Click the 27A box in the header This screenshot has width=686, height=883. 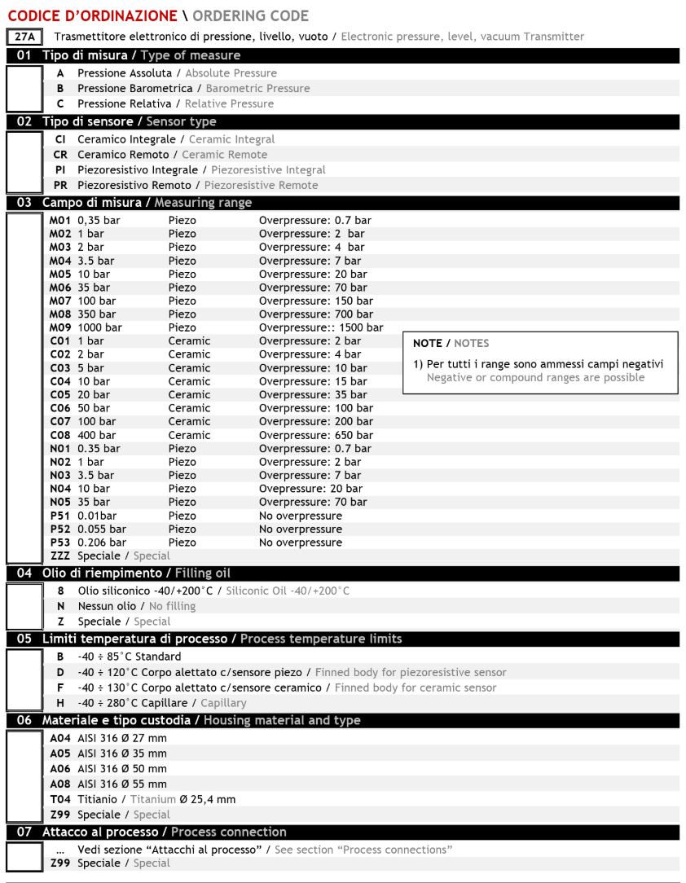pyautogui.click(x=24, y=37)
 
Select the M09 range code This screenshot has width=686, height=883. pyautogui.click(x=61, y=327)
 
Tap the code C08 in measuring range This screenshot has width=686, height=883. pyautogui.click(x=61, y=435)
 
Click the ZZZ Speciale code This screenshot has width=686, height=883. pyautogui.click(x=60, y=556)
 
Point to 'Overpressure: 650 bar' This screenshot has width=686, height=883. pyautogui.click(x=315, y=435)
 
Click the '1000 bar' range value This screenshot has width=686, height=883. pyautogui.click(x=99, y=327)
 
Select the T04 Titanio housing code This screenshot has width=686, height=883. pyautogui.click(x=61, y=799)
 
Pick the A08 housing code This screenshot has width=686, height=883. pyautogui.click(x=61, y=784)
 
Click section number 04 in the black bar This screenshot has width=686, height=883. pyautogui.click(x=24, y=573)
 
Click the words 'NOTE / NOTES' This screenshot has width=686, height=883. pyautogui.click(x=451, y=343)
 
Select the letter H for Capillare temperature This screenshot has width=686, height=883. pyautogui.click(x=60, y=702)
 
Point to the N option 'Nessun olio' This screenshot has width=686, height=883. pyautogui.click(x=60, y=606)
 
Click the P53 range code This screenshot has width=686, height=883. pyautogui.click(x=61, y=543)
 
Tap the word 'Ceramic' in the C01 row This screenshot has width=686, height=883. pyautogui.click(x=189, y=341)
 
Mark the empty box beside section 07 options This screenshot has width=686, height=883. pyautogui.click(x=24, y=856)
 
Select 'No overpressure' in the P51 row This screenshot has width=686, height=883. pyautogui.click(x=300, y=516)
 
